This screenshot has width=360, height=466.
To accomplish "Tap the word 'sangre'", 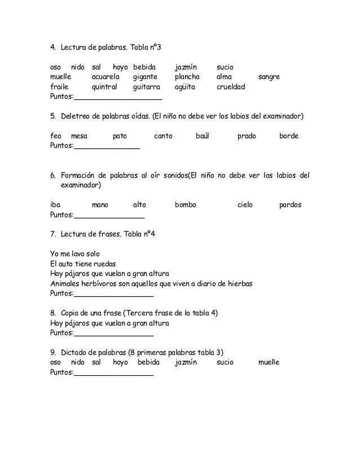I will (269, 77).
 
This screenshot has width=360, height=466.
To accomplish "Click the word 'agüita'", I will (187, 87).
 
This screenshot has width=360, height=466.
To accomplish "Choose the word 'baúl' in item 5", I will (202, 137).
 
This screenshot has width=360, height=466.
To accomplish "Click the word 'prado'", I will (247, 137).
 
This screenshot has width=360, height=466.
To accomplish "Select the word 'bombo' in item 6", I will (186, 205).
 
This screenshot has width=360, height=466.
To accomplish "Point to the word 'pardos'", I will (291, 205).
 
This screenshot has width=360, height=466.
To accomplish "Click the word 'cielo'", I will (245, 205).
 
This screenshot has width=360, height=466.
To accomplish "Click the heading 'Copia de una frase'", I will (91, 313).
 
